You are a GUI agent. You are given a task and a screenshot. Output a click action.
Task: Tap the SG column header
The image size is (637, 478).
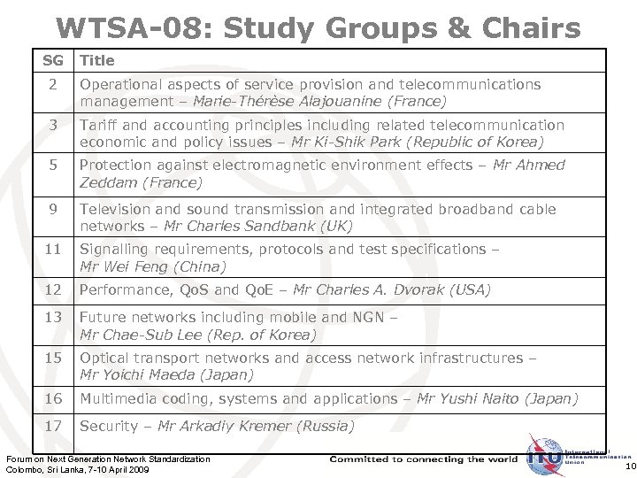53,60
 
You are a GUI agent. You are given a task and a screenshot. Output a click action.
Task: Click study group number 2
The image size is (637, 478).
53,84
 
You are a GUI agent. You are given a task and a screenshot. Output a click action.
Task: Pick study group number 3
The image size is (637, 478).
53,125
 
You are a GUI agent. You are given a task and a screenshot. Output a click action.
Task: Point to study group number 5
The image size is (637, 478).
53,165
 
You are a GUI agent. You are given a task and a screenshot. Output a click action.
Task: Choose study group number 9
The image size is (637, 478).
53,209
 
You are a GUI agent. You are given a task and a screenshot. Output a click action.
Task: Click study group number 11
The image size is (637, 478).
53,250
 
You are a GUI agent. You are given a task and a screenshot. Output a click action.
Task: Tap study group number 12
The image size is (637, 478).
53,289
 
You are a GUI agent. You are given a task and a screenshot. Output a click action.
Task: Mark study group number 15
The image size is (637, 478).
53,358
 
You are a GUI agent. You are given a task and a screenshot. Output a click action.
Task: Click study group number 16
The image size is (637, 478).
53,398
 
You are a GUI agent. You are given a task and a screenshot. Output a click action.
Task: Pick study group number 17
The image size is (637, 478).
53,426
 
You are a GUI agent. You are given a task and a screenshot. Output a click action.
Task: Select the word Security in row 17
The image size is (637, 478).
110,426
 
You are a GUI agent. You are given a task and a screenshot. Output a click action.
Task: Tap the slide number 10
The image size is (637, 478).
629,466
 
